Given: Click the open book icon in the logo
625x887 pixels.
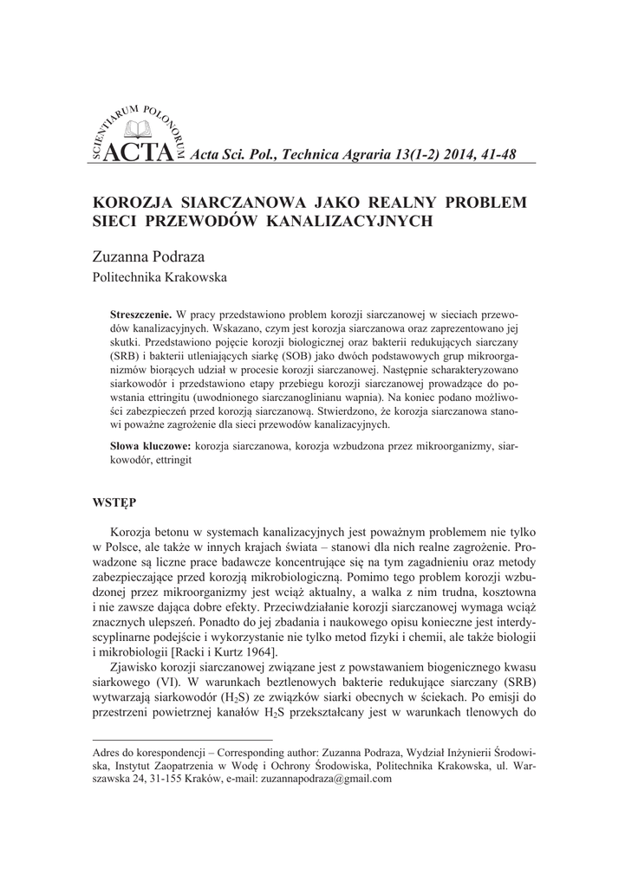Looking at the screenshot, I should tap(138, 130).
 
